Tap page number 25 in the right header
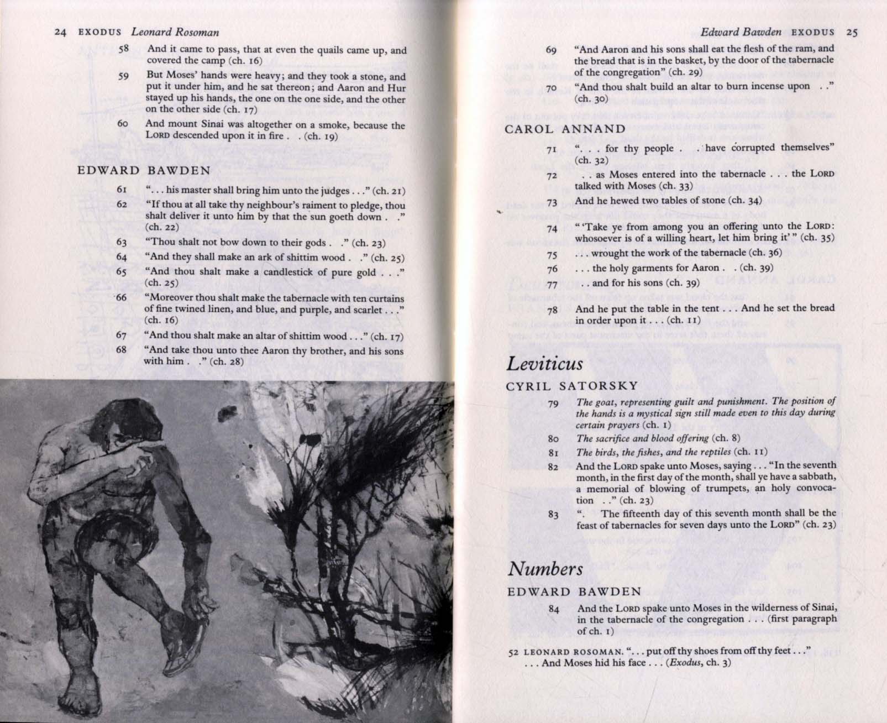pos(852,32)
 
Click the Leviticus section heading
pos(544,364)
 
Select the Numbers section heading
pos(545,569)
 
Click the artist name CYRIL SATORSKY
pos(572,386)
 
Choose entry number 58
pos(123,49)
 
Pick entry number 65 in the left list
pos(122,272)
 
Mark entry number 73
pos(552,202)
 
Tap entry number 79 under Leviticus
pos(553,404)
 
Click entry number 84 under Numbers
pos(554,609)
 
